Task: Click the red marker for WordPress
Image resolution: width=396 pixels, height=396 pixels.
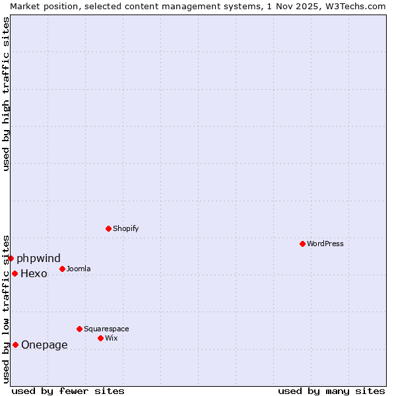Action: pyautogui.click(x=302, y=244)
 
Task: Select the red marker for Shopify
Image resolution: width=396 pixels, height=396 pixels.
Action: pyautogui.click(x=108, y=228)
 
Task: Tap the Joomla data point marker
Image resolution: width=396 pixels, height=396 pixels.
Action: pyautogui.click(x=62, y=269)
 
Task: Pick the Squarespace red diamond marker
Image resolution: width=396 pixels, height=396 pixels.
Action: pyautogui.click(x=79, y=329)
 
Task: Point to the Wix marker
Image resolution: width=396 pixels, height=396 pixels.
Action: pyautogui.click(x=100, y=338)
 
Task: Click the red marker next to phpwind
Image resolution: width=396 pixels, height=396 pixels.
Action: pyautogui.click(x=11, y=258)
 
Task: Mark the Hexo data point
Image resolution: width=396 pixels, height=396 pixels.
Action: pyautogui.click(x=15, y=273)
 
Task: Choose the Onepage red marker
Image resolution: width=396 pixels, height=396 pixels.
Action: pyautogui.click(x=15, y=345)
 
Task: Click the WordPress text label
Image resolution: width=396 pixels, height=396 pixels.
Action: pyautogui.click(x=325, y=244)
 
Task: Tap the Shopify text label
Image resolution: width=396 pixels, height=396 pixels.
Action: pyautogui.click(x=125, y=228)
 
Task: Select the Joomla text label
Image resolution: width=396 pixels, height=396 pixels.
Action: pyautogui.click(x=79, y=269)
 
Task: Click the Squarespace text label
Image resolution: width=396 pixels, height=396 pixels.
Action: pyautogui.click(x=106, y=329)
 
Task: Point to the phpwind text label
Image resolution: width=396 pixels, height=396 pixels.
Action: pyautogui.click(x=38, y=258)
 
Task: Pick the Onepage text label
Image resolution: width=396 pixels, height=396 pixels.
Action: pyautogui.click(x=44, y=345)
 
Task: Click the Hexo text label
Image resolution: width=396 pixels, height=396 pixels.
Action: pyautogui.click(x=34, y=273)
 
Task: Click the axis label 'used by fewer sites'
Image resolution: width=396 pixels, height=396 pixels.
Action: pyautogui.click(x=68, y=391)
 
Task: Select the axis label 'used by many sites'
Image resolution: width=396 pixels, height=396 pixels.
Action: pyautogui.click(x=331, y=391)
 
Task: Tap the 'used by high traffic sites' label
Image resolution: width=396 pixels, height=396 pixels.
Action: pyautogui.click(x=6, y=94)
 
